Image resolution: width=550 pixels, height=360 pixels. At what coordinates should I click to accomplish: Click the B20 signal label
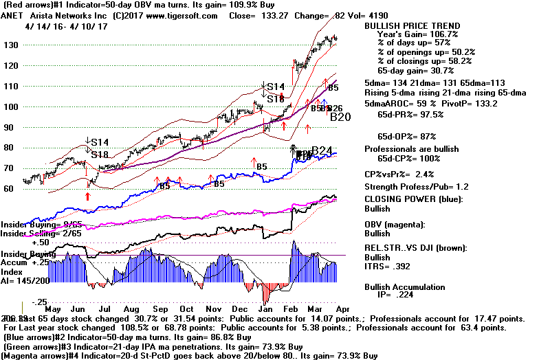point(340,117)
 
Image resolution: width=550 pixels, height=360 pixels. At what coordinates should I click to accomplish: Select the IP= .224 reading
point(410,297)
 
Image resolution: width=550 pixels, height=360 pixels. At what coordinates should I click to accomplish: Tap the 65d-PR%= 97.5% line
point(407,124)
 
